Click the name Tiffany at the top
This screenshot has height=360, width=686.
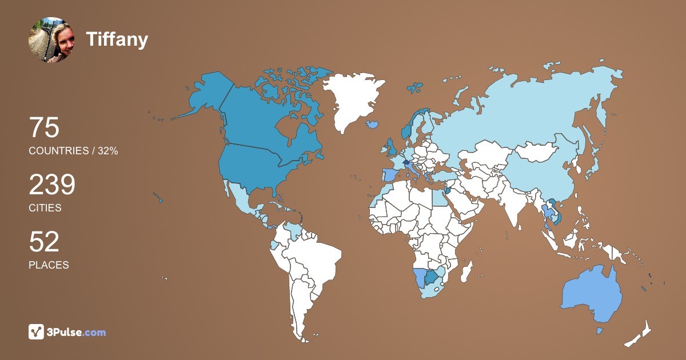click(x=117, y=39)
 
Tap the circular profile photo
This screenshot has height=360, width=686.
click(x=51, y=39)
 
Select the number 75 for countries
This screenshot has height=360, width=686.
click(x=44, y=128)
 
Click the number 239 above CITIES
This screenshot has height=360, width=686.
click(x=52, y=185)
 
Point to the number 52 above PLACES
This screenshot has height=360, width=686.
click(x=44, y=242)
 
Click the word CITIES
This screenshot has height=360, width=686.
click(x=45, y=208)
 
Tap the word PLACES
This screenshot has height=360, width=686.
click(x=49, y=265)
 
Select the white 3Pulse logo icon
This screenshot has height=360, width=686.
click(x=37, y=332)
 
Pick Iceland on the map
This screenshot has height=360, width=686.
click(x=373, y=123)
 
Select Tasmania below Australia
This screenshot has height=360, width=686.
click(x=600, y=331)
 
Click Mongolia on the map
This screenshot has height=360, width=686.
click(x=537, y=151)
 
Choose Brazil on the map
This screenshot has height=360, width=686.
click(x=312, y=263)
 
